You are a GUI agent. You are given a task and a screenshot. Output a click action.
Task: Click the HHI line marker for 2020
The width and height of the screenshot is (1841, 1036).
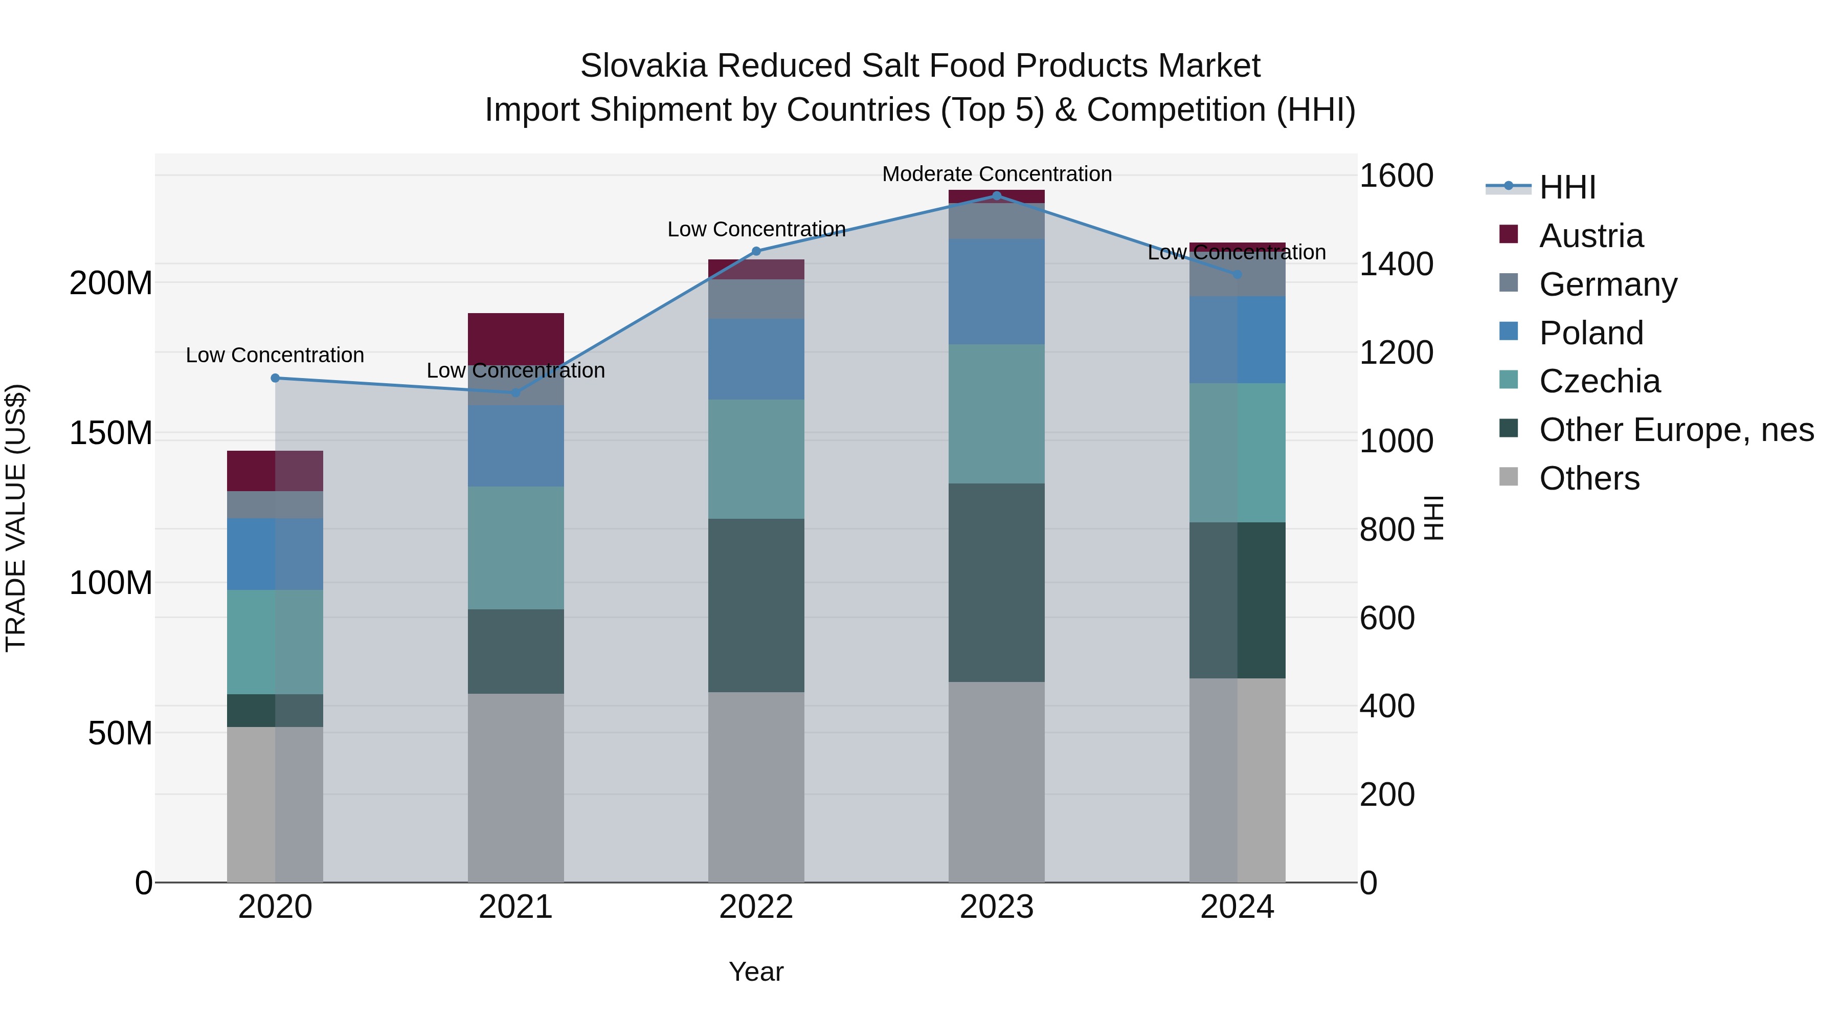(x=275, y=378)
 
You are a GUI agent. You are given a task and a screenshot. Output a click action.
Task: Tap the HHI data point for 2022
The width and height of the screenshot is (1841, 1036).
(x=756, y=251)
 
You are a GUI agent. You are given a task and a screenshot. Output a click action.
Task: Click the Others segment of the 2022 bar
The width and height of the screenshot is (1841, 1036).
(x=756, y=786)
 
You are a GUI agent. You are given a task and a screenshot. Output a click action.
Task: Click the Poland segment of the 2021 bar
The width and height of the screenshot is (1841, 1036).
(x=515, y=446)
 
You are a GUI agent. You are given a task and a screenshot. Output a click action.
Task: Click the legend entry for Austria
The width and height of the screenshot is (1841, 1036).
(x=1591, y=236)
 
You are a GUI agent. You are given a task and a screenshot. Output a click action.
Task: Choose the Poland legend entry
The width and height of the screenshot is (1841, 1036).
(x=1591, y=333)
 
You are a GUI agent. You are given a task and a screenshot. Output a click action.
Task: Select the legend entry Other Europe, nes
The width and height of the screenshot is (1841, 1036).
(x=1676, y=430)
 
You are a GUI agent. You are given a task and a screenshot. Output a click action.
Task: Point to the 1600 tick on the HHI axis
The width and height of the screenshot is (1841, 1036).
(x=1396, y=176)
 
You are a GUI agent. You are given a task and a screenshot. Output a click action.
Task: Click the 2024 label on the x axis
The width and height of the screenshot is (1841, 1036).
(x=1237, y=907)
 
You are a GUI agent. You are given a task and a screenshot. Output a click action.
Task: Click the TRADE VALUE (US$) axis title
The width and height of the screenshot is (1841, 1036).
(x=16, y=518)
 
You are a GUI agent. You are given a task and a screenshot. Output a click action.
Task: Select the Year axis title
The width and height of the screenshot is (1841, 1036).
(x=756, y=972)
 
